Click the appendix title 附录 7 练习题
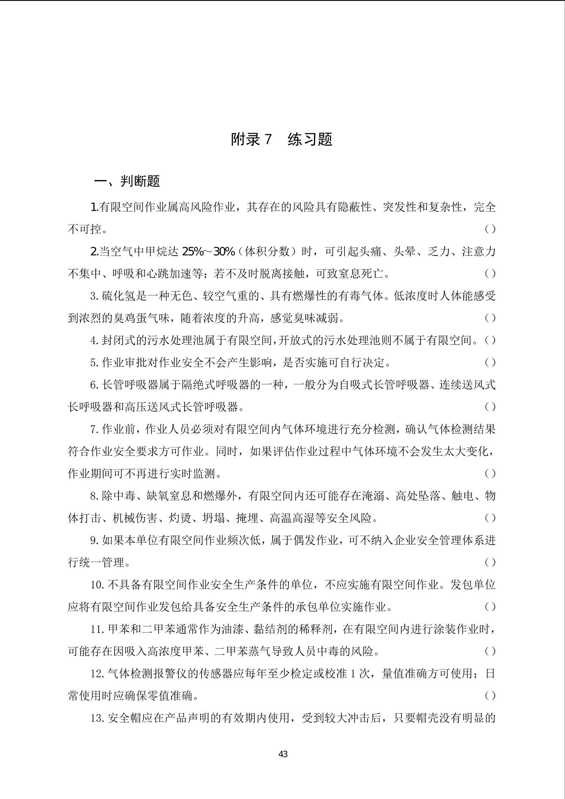[x=282, y=139]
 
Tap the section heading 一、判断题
[x=127, y=181]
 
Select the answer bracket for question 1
[x=490, y=229]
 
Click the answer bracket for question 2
[x=490, y=274]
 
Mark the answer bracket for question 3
[x=490, y=318]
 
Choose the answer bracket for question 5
[x=490, y=363]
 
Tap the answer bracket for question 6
[x=490, y=407]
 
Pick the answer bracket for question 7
[x=490, y=474]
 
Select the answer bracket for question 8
[x=490, y=518]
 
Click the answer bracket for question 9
[x=490, y=562]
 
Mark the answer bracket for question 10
[x=490, y=607]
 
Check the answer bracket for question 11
[x=490, y=651]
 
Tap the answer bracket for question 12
[x=490, y=696]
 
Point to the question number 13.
[x=97, y=718]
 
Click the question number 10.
[x=97, y=585]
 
